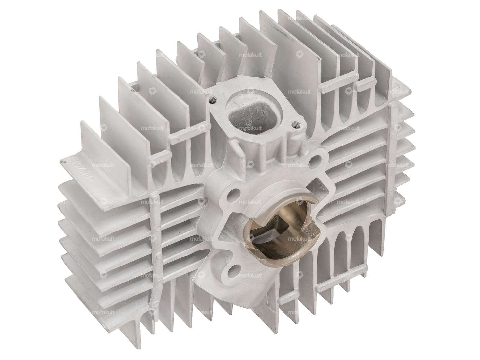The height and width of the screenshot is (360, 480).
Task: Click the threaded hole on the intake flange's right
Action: (x=296, y=124)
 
